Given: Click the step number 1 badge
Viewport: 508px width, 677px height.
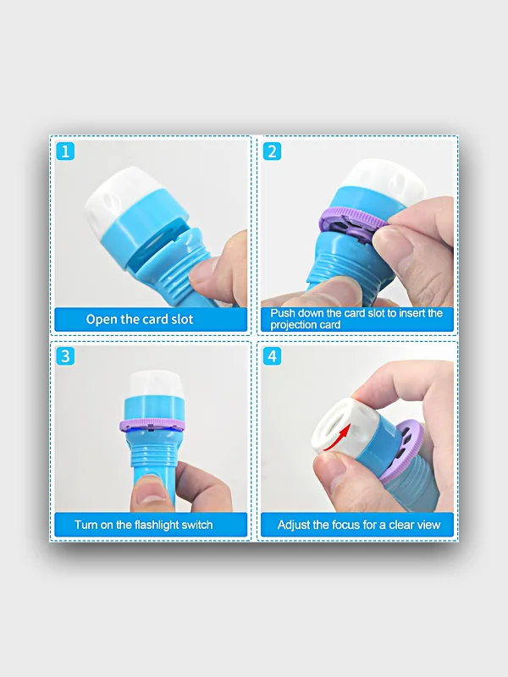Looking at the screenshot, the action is point(65,151).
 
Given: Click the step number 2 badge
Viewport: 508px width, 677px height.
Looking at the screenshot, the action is point(272,151).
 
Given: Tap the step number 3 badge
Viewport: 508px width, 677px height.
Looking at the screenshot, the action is point(65,356).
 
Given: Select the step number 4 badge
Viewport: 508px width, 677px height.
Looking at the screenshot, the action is point(272,356).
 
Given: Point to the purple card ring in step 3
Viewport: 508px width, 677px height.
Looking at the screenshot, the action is point(152,425).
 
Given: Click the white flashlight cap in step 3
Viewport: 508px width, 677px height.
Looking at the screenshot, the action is point(157,386).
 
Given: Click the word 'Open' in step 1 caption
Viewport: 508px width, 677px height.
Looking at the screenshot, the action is point(102,320).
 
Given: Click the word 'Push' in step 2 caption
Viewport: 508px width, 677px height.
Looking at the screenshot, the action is point(281,313).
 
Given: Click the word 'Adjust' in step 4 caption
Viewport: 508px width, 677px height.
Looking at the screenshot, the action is point(293,525).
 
